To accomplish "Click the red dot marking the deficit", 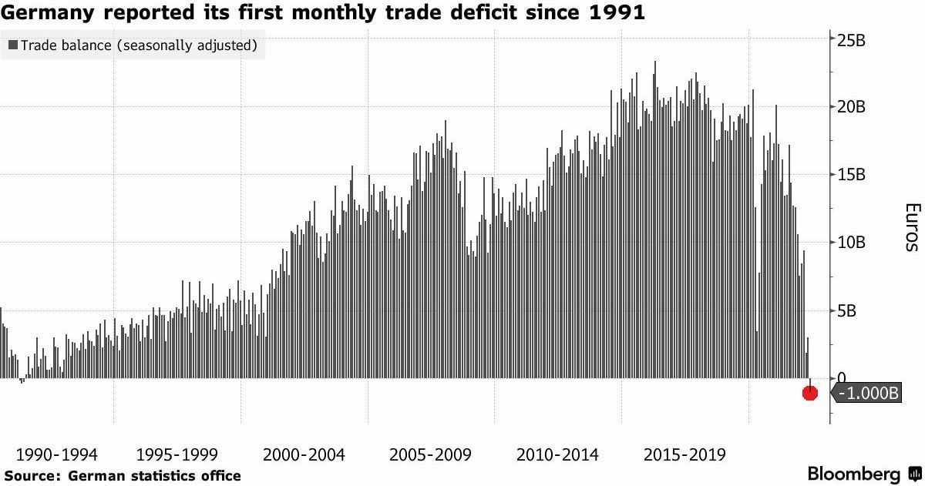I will [809, 393].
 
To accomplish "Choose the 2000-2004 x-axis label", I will [304, 454].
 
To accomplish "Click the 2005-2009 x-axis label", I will [431, 454].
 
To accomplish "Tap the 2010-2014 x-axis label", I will [557, 454].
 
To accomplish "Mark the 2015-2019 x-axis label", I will [684, 454].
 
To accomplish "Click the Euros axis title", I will [911, 227].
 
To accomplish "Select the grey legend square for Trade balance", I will [13, 45].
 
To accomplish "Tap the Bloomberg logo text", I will [853, 473].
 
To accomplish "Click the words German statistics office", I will [154, 476].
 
